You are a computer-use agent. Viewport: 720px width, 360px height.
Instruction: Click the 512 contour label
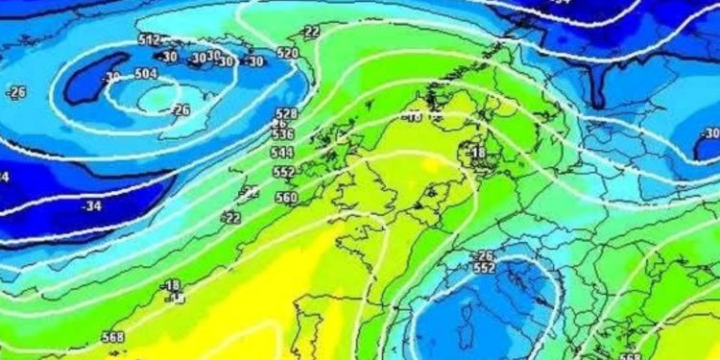coord(149,40)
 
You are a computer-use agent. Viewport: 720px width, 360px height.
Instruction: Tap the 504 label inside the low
coord(146,73)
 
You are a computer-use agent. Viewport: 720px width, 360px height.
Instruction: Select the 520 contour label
coord(287,53)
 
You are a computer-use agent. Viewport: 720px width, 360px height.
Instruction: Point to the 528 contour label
coord(286,113)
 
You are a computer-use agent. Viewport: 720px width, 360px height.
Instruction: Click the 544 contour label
coord(283,153)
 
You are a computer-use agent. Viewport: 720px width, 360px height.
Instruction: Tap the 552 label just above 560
coord(284,171)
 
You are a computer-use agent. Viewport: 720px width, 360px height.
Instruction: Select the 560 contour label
coord(286,198)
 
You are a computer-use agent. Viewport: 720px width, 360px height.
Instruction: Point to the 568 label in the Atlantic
coord(113,337)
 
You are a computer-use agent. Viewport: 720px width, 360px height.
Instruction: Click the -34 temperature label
coord(92,205)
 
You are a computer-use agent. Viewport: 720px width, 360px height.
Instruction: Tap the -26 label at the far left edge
coord(15,92)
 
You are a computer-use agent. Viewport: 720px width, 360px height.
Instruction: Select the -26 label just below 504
coord(180,110)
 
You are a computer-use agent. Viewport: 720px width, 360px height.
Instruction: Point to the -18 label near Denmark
coord(477,153)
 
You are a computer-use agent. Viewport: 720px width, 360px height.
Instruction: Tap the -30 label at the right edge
coord(709,133)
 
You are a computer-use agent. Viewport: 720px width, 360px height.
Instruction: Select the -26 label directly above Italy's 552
coord(484,255)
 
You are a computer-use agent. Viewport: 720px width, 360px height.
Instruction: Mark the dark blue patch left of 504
coord(93,80)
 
